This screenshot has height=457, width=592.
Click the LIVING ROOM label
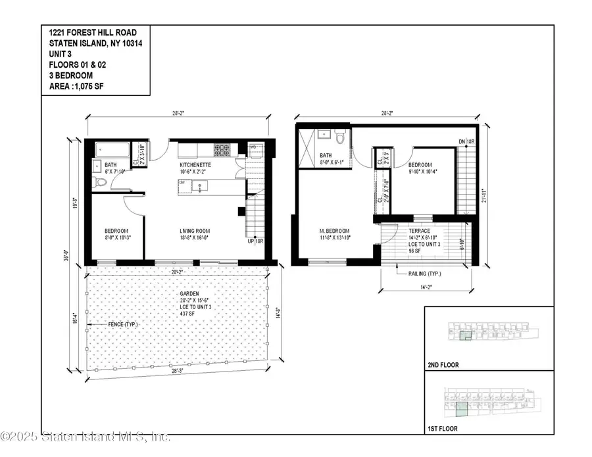pos(195,231)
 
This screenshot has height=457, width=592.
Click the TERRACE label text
pos(419,231)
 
